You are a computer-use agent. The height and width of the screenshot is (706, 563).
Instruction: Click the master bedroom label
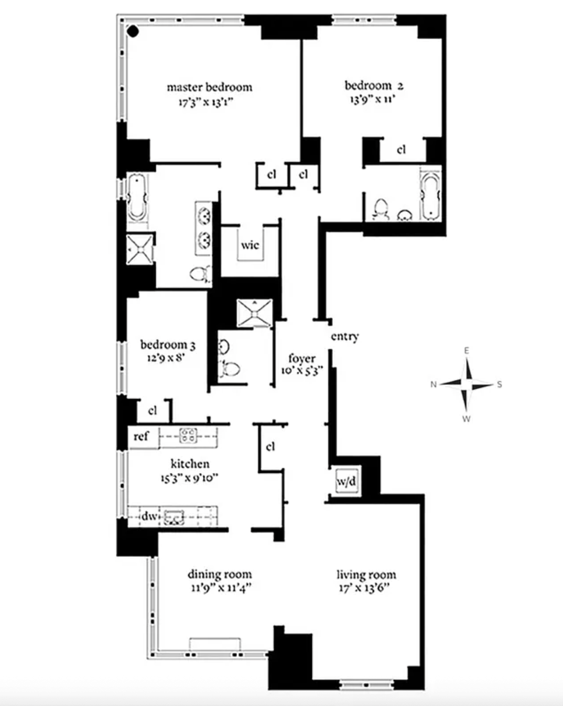pos(209,87)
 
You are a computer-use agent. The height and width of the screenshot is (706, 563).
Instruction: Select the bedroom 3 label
pos(168,345)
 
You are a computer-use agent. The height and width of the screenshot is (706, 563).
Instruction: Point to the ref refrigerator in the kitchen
pos(142,436)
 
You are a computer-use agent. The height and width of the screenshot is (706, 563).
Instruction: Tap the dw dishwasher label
pos(149,516)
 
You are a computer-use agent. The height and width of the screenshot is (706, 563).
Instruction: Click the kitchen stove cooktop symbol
pos(188,435)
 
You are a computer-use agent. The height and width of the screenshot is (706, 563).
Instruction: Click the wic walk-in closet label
pos(250,245)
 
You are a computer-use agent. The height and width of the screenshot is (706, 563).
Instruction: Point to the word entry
pos(344,336)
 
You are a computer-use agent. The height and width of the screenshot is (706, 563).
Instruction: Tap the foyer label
pos(302,359)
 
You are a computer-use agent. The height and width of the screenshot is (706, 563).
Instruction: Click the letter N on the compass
pos(434,384)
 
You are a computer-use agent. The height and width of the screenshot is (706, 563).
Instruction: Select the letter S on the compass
pos(499,384)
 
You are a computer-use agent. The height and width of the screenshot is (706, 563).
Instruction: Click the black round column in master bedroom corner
pos(133,31)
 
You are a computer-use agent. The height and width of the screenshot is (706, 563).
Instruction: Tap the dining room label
pos(220,575)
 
